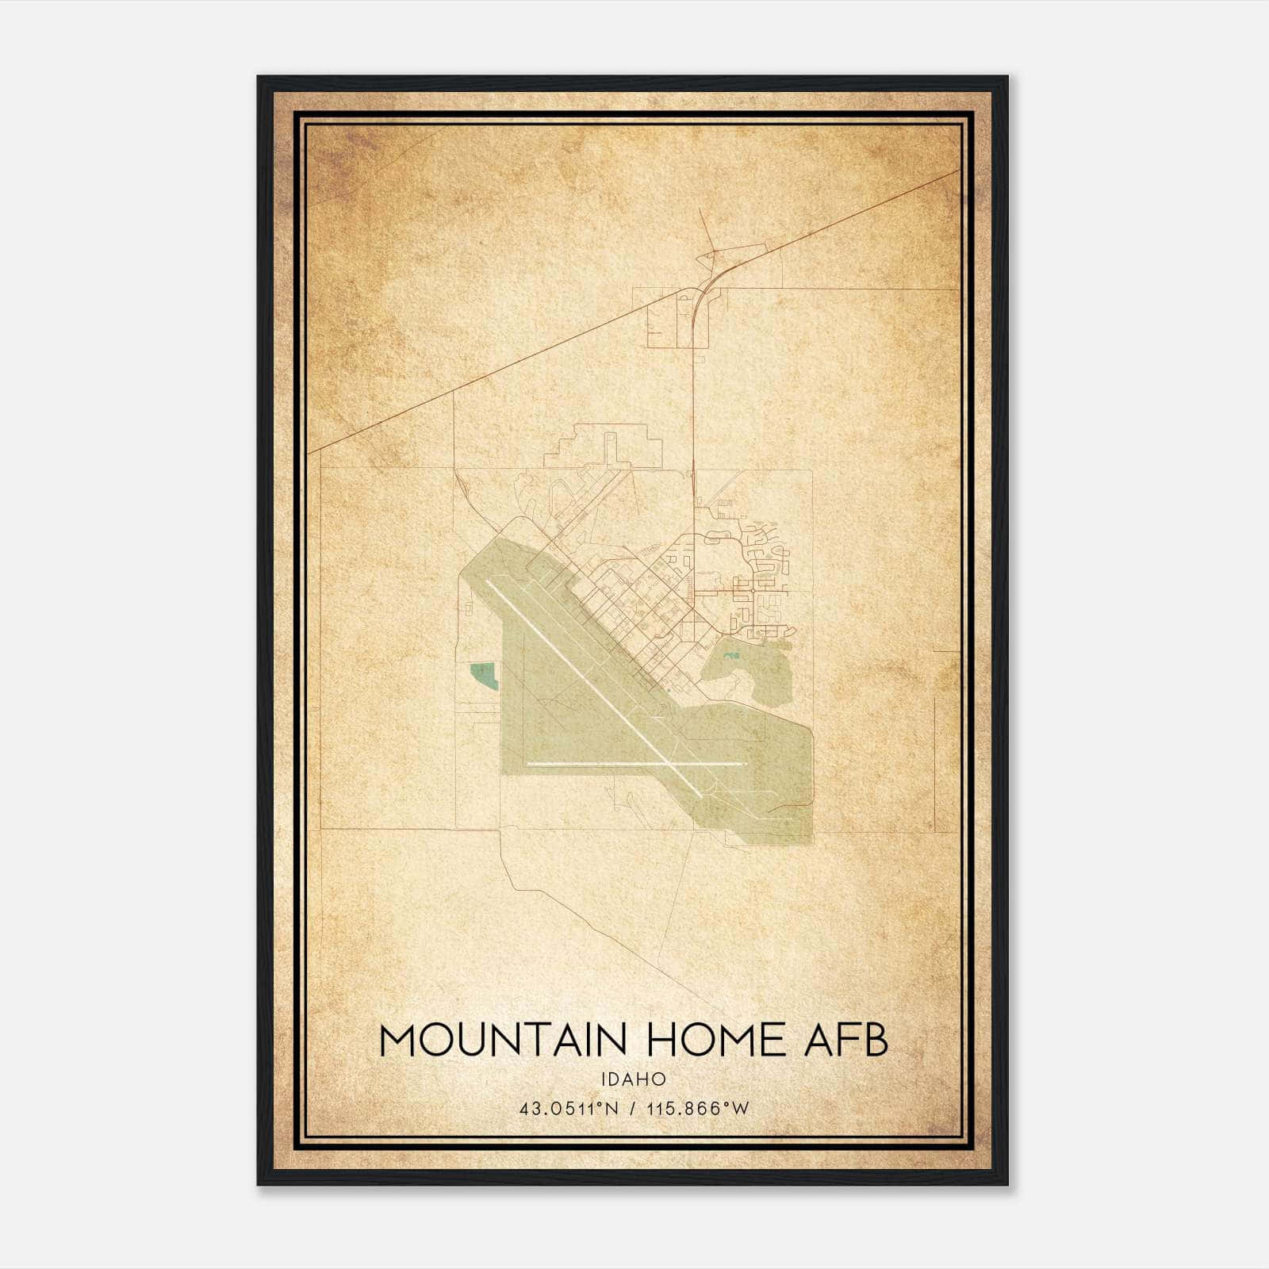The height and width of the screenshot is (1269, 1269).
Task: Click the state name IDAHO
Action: pos(633,1079)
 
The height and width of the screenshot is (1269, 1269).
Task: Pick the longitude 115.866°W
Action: pos(698,1109)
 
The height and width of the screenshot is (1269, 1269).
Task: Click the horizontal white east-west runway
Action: pos(603,764)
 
